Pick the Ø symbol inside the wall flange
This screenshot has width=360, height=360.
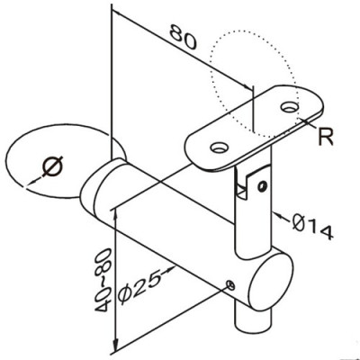pyautogui.click(x=50, y=165)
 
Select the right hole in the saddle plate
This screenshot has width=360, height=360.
pyautogui.click(x=289, y=107)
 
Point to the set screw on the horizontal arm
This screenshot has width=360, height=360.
pyautogui.click(x=233, y=285)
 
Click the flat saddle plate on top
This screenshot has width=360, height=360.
pyautogui.click(x=256, y=126)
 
